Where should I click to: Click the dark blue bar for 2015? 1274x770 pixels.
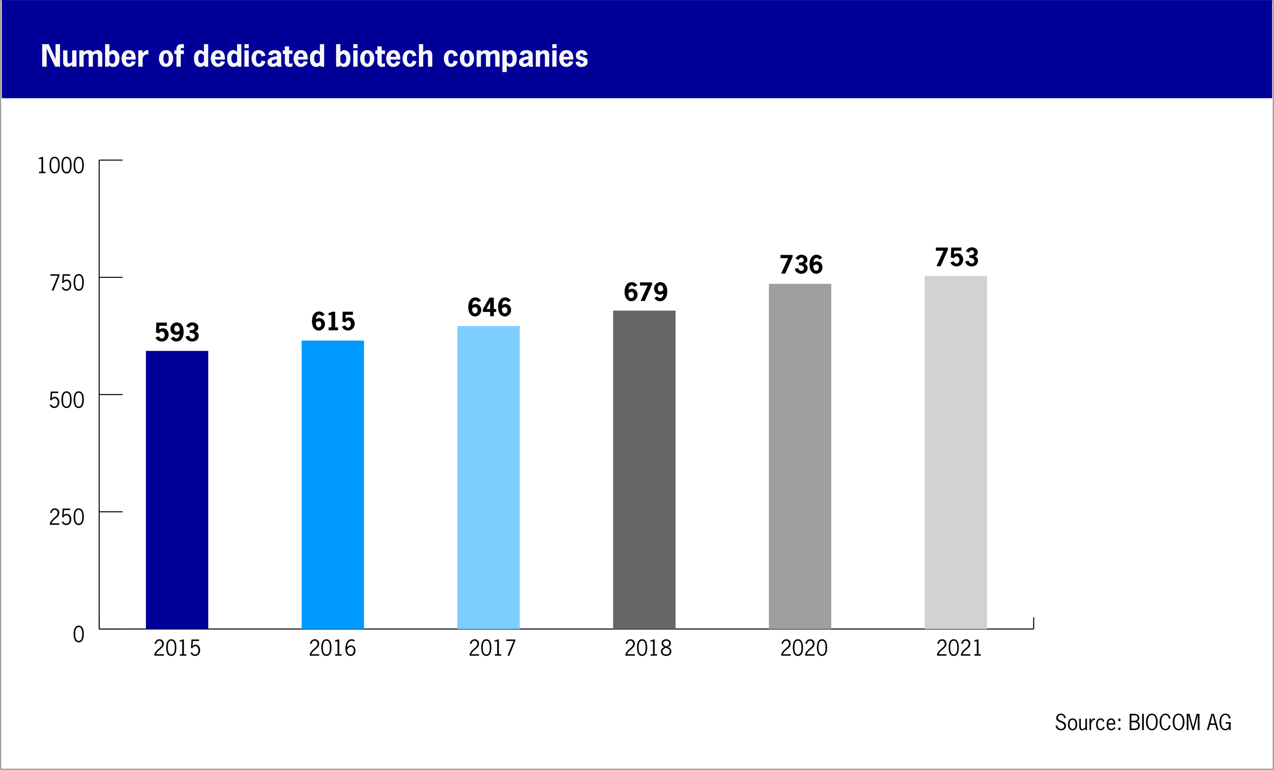[177, 490]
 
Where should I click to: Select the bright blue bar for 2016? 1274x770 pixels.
[333, 485]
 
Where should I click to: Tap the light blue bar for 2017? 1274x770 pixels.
[488, 477]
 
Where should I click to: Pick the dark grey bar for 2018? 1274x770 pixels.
[644, 470]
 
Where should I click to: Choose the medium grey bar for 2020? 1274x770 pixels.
[800, 456]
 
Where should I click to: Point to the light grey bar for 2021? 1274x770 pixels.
[955, 452]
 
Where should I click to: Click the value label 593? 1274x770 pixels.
[177, 332]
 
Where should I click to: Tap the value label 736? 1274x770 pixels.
[801, 265]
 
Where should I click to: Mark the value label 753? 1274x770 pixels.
[956, 257]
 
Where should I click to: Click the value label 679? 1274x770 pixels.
[645, 292]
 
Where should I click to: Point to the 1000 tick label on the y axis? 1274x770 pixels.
[61, 166]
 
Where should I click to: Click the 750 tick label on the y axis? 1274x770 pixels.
[67, 283]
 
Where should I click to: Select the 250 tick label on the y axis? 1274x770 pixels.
[67, 517]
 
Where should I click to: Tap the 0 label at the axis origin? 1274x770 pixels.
[79, 634]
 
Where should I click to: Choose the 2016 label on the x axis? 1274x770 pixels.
[333, 648]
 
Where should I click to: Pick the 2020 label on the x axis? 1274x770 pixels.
[804, 648]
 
